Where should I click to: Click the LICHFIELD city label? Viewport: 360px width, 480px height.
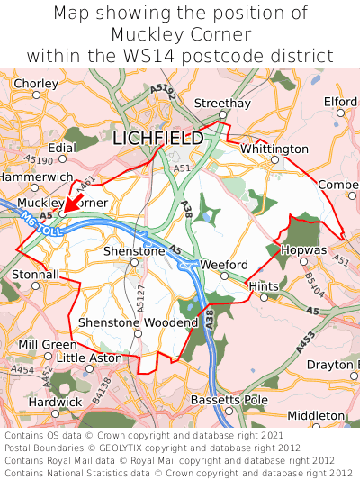click(x=158, y=138)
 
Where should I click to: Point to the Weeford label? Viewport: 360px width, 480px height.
click(x=223, y=264)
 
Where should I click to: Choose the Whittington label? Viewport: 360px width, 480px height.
click(x=274, y=148)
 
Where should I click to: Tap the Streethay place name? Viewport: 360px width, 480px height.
click(x=222, y=104)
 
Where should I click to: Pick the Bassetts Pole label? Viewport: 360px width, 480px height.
click(x=229, y=399)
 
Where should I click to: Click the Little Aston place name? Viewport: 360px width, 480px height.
click(x=88, y=358)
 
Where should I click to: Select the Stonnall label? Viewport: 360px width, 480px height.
click(x=35, y=274)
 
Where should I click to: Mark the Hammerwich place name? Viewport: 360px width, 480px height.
click(x=35, y=177)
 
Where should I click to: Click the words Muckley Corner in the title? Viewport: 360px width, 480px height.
click(x=180, y=34)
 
